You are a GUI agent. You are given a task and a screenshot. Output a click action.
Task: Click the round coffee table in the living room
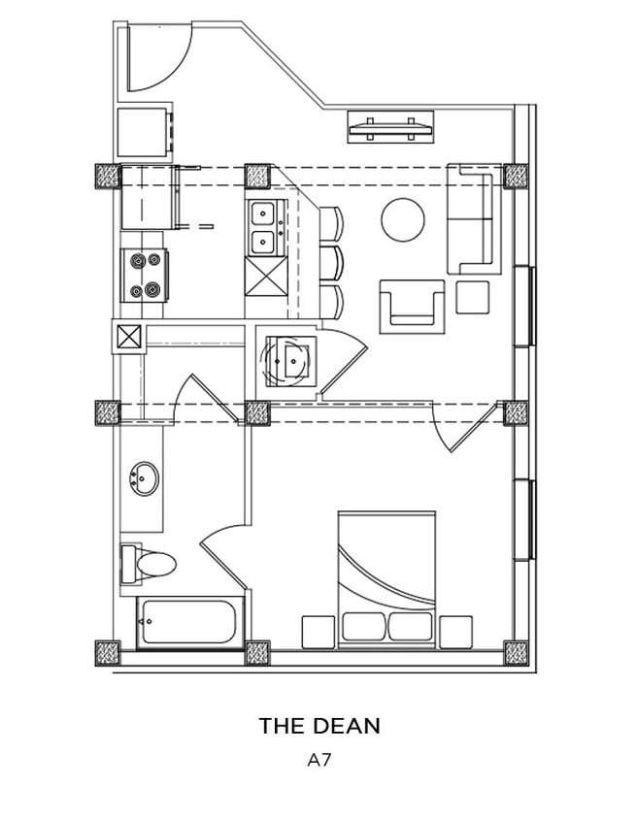tap(402, 219)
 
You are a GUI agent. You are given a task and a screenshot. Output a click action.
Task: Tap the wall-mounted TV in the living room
tap(390, 127)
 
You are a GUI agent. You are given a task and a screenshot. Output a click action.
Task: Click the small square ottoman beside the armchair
tap(472, 297)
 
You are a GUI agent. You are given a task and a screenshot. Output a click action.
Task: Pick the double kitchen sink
tap(263, 227)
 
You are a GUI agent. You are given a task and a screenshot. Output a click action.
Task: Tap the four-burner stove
tap(144, 275)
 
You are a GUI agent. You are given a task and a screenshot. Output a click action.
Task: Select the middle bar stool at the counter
tap(331, 262)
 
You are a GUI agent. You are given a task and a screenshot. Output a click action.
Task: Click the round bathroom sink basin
tap(145, 479)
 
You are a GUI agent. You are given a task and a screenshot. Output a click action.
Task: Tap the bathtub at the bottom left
tap(189, 622)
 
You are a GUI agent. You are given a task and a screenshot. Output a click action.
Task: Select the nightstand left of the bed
tap(318, 632)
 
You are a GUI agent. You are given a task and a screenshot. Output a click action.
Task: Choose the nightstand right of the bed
tap(455, 632)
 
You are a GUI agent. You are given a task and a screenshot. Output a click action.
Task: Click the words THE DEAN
tap(318, 725)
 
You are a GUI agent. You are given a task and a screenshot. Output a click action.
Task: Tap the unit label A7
tap(319, 761)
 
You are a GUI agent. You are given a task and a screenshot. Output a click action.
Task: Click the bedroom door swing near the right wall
tap(464, 427)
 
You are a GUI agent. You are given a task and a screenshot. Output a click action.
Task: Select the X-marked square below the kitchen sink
tap(263, 276)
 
